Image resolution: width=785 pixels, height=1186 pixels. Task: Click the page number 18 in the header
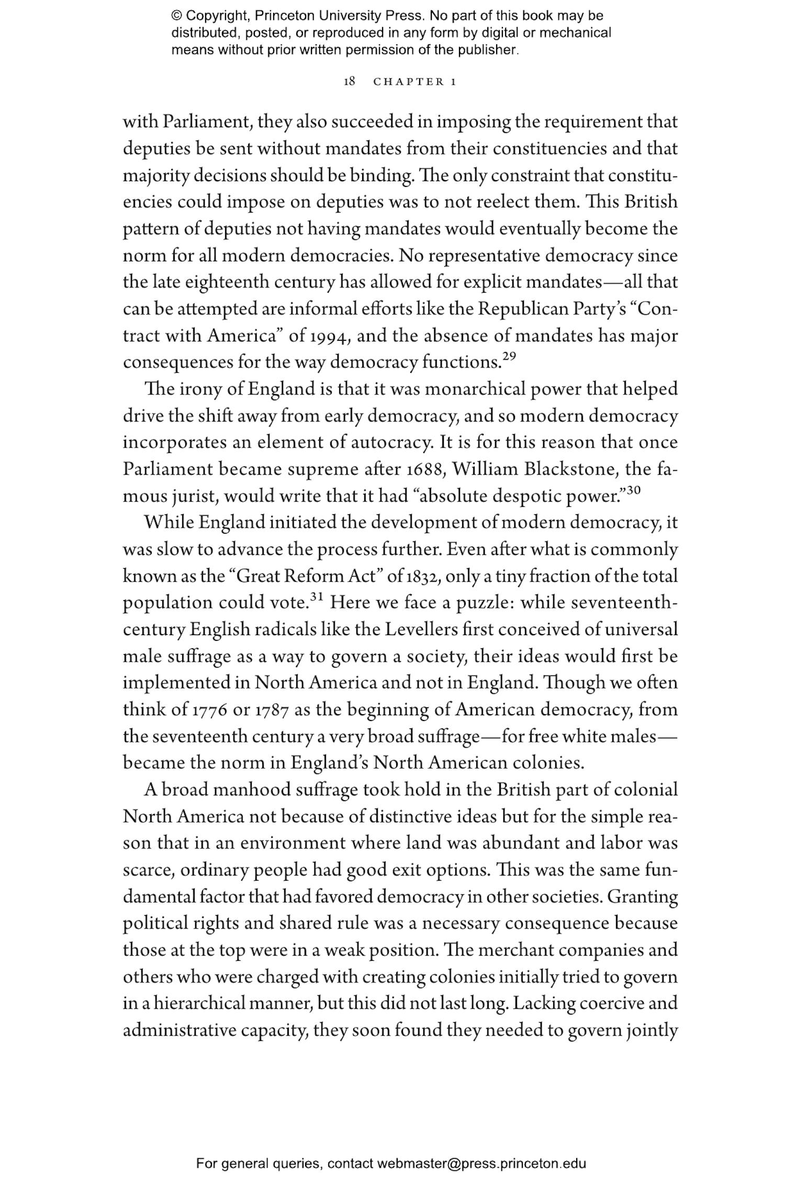tap(350, 82)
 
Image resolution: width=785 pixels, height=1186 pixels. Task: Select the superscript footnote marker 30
tap(633, 490)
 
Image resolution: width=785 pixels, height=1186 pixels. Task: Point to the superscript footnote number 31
tap(318, 596)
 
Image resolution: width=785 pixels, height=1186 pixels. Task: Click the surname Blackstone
tap(563, 469)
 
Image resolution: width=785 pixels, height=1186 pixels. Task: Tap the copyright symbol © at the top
tap(177, 16)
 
